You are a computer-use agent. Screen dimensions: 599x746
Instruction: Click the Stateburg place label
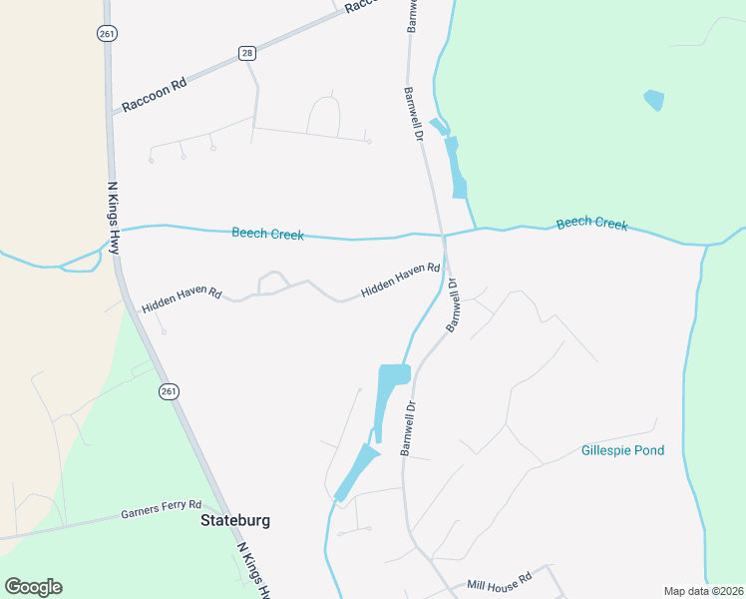coord(235,520)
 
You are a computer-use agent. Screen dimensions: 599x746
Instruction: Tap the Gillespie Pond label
coord(622,450)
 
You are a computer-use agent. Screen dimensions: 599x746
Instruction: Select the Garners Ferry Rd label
coord(162,510)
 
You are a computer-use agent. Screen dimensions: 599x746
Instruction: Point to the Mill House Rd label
coord(500,581)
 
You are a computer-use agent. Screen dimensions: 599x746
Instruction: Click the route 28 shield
coord(247,52)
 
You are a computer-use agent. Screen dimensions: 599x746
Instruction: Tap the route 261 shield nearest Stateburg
coord(168,392)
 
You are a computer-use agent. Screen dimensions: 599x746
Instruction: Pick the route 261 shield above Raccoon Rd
coord(106,33)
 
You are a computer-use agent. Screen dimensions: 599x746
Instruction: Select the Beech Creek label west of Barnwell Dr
coord(267,234)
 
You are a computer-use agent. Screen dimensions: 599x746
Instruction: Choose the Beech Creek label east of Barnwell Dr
coord(592,223)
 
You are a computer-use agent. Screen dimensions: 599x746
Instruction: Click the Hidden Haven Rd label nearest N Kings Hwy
coord(182,297)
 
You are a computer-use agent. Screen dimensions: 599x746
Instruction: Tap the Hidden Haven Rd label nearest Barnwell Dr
coord(400,282)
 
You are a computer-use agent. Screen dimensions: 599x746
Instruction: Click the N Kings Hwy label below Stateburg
coord(254,571)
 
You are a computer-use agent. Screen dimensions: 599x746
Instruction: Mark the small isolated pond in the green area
coord(654,100)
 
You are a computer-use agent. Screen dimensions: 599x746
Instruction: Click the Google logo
coord(33,587)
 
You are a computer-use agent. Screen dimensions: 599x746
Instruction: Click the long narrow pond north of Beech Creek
coord(457,168)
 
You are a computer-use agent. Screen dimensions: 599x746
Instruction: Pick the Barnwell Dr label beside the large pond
coord(408,428)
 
